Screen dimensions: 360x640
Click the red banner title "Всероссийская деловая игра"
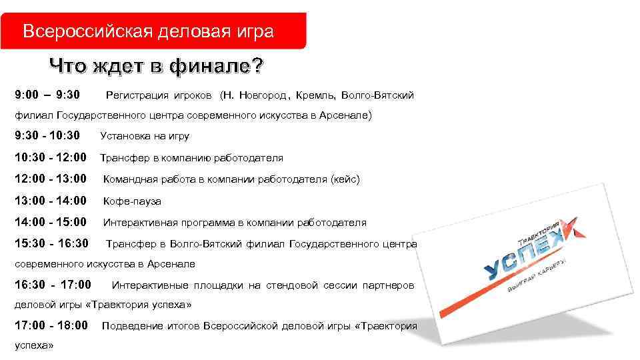pyautogui.click(x=148, y=31)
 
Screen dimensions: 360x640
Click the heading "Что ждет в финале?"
pyautogui.click(x=156, y=67)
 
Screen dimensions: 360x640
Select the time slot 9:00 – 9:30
pyautogui.click(x=47, y=95)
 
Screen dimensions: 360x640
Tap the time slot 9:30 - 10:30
pyautogui.click(x=47, y=136)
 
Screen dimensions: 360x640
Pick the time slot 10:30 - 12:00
pyautogui.click(x=51, y=158)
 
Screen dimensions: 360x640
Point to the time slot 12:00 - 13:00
pyautogui.click(x=51, y=179)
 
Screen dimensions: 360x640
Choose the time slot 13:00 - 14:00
pyautogui.click(x=51, y=201)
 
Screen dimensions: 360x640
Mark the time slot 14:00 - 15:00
pyautogui.click(x=51, y=222)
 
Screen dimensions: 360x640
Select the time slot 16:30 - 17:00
pyautogui.click(x=53, y=285)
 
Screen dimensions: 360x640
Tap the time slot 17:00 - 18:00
pyautogui.click(x=51, y=326)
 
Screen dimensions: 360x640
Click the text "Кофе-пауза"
pyautogui.click(x=131, y=201)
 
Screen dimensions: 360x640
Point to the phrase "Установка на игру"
pyautogui.click(x=145, y=137)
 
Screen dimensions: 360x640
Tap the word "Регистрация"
pyautogui.click(x=139, y=96)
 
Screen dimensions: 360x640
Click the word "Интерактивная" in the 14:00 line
pyautogui.click(x=138, y=223)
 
